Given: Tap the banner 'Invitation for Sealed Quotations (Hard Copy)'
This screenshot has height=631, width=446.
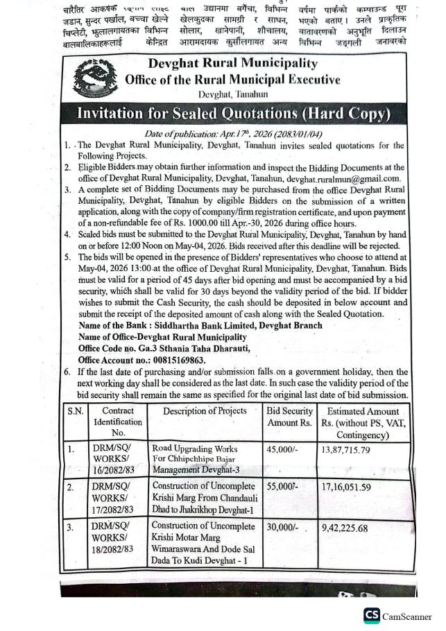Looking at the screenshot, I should (233, 113).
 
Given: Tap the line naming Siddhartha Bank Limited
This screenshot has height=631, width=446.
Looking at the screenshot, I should (200, 325).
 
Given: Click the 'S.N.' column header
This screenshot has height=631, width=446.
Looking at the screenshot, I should (76, 411).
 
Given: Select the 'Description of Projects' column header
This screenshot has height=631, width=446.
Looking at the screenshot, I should (205, 411).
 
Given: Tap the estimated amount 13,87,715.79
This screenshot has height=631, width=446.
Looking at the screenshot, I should (355, 450).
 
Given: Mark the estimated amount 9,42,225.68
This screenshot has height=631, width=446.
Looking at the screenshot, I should (354, 528).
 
